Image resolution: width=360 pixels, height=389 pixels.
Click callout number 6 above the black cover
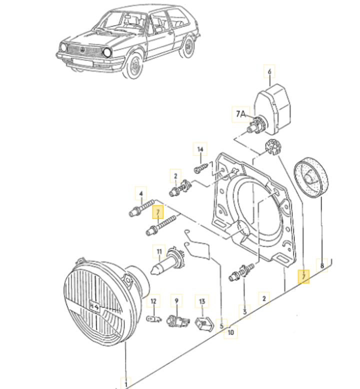pyautogui.click(x=269, y=72)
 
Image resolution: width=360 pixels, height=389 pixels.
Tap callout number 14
pyautogui.click(x=200, y=149)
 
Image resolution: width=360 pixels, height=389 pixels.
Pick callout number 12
pyautogui.click(x=154, y=301)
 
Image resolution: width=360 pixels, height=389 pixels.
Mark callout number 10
pyautogui.click(x=230, y=331)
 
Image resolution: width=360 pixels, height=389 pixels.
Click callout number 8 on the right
pyautogui.click(x=322, y=265)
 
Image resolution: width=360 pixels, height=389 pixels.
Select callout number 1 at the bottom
pyautogui.click(x=126, y=382)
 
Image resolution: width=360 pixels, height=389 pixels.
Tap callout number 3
pyautogui.click(x=244, y=311)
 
